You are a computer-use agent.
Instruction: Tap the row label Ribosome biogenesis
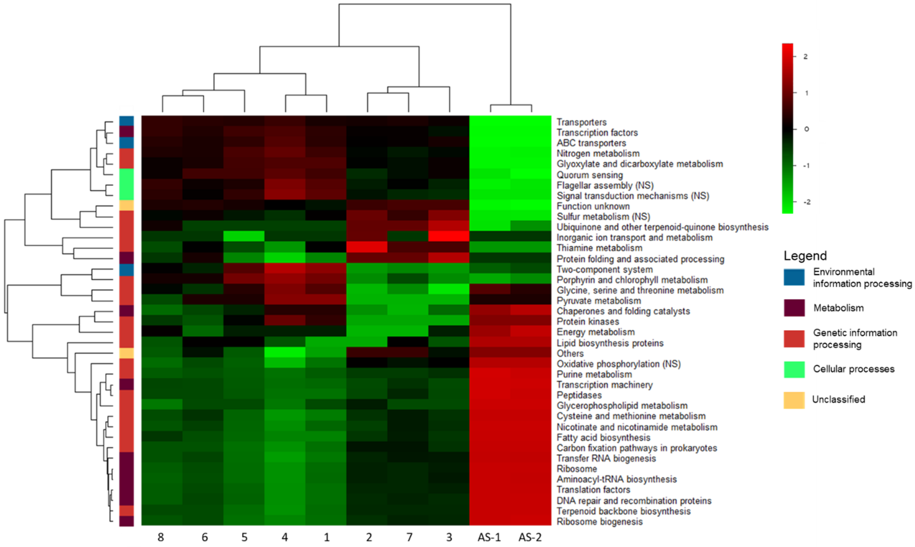[x=599, y=522]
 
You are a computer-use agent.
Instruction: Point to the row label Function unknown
[x=593, y=206]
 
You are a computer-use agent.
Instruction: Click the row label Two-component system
[x=604, y=270]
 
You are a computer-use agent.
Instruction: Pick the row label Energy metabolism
[x=595, y=332]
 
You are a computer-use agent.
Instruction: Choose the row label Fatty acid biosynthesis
[x=603, y=437]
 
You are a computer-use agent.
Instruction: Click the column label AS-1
[x=489, y=537]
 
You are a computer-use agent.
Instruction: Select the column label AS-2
[x=530, y=537]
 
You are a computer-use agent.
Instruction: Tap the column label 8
[x=161, y=537]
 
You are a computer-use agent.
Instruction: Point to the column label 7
[x=409, y=537]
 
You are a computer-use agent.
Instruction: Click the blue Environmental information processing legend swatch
[x=794, y=277]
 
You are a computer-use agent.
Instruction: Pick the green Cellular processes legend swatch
[x=794, y=369]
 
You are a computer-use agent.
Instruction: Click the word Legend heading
[x=805, y=255]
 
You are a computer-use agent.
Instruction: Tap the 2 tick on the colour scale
[x=805, y=56]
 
